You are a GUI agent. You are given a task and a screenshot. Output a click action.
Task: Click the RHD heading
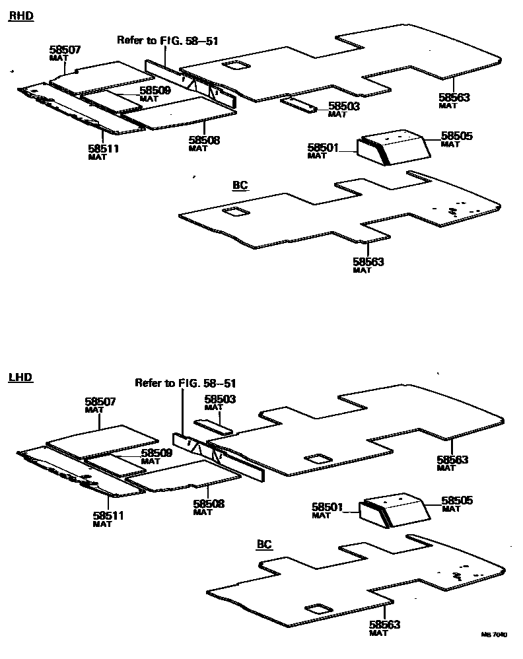(20, 16)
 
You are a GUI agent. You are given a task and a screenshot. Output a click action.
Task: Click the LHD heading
(20, 378)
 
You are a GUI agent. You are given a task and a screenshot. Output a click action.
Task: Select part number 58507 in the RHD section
(65, 50)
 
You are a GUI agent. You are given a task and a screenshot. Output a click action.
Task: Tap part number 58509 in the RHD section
(155, 91)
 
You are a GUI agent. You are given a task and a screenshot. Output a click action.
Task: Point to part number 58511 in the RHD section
(103, 149)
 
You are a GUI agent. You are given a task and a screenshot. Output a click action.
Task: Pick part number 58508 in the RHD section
(204, 140)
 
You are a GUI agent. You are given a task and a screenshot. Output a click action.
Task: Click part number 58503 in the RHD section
(344, 106)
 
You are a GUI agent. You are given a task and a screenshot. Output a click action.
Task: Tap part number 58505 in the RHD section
(457, 136)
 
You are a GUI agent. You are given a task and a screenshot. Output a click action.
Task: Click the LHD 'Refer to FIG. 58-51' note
(186, 383)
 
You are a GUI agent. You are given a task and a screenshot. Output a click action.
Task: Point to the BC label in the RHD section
(240, 186)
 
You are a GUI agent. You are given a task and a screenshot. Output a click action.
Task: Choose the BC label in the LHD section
(264, 545)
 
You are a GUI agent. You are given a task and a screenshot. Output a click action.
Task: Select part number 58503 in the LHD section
(220, 399)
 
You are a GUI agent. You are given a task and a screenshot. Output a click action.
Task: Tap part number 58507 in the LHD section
(100, 401)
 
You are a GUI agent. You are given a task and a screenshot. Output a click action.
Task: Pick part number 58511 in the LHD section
(108, 516)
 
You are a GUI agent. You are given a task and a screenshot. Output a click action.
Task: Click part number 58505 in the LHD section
(457, 501)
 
